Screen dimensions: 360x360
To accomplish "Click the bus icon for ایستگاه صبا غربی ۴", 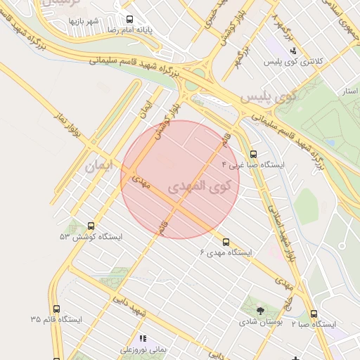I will pyautogui.click(x=253, y=154).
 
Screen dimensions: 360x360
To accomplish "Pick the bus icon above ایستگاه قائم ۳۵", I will pyautogui.click(x=57, y=309).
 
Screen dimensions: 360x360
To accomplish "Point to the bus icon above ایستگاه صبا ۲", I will pyautogui.click(x=314, y=314).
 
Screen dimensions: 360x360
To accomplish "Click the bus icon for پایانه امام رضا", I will pyautogui.click(x=129, y=20).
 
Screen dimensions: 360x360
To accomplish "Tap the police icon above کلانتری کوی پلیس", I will pyautogui.click(x=293, y=51).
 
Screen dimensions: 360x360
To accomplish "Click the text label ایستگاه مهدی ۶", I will pyautogui.click(x=226, y=252).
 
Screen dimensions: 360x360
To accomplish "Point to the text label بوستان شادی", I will pyautogui.click(x=260, y=322).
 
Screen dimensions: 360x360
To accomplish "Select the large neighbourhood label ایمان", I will pyautogui.click(x=98, y=167).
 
